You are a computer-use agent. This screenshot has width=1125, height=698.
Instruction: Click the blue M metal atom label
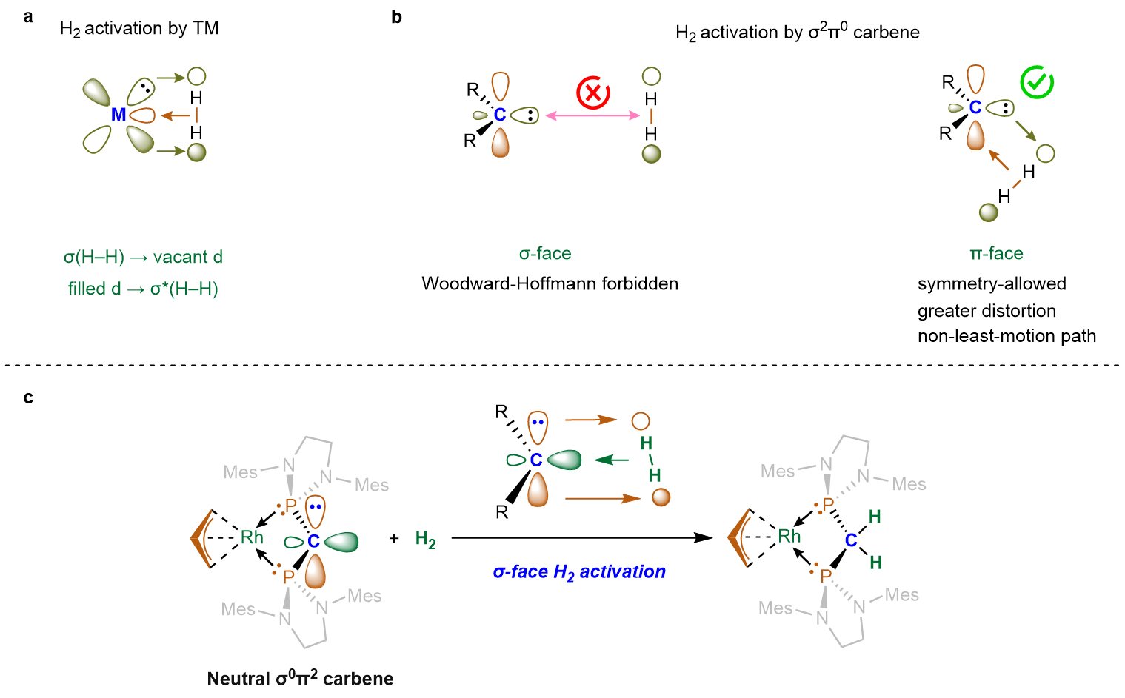click(x=118, y=115)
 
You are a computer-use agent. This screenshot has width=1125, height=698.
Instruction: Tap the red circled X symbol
click(x=593, y=93)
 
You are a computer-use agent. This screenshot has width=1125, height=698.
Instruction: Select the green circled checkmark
click(x=1037, y=82)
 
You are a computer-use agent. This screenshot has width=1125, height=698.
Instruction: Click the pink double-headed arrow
click(x=592, y=116)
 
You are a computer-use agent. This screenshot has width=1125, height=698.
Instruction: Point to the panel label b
click(x=396, y=17)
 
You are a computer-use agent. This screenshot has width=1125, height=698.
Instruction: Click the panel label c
click(x=28, y=397)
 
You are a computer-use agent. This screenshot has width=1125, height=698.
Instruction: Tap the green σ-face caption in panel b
click(x=545, y=253)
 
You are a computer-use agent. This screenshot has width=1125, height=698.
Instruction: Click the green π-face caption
click(x=996, y=253)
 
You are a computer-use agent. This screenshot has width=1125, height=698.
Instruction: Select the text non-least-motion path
click(x=1007, y=336)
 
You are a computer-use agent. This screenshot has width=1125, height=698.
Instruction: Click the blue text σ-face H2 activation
click(x=579, y=572)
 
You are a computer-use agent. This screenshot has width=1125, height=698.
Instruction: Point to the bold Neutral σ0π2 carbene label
click(x=301, y=678)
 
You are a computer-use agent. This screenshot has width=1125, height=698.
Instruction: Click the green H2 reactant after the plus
click(x=425, y=540)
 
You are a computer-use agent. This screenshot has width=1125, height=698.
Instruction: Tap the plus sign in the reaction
click(x=394, y=538)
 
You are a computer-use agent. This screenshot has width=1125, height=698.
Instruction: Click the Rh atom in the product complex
click(x=789, y=537)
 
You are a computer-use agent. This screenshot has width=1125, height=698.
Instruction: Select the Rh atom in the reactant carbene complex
click(x=252, y=537)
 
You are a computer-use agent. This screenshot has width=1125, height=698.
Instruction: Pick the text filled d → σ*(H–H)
click(x=143, y=289)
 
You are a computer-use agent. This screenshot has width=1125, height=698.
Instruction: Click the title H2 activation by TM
click(x=139, y=29)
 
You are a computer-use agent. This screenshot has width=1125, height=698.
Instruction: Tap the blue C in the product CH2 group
click(x=851, y=540)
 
